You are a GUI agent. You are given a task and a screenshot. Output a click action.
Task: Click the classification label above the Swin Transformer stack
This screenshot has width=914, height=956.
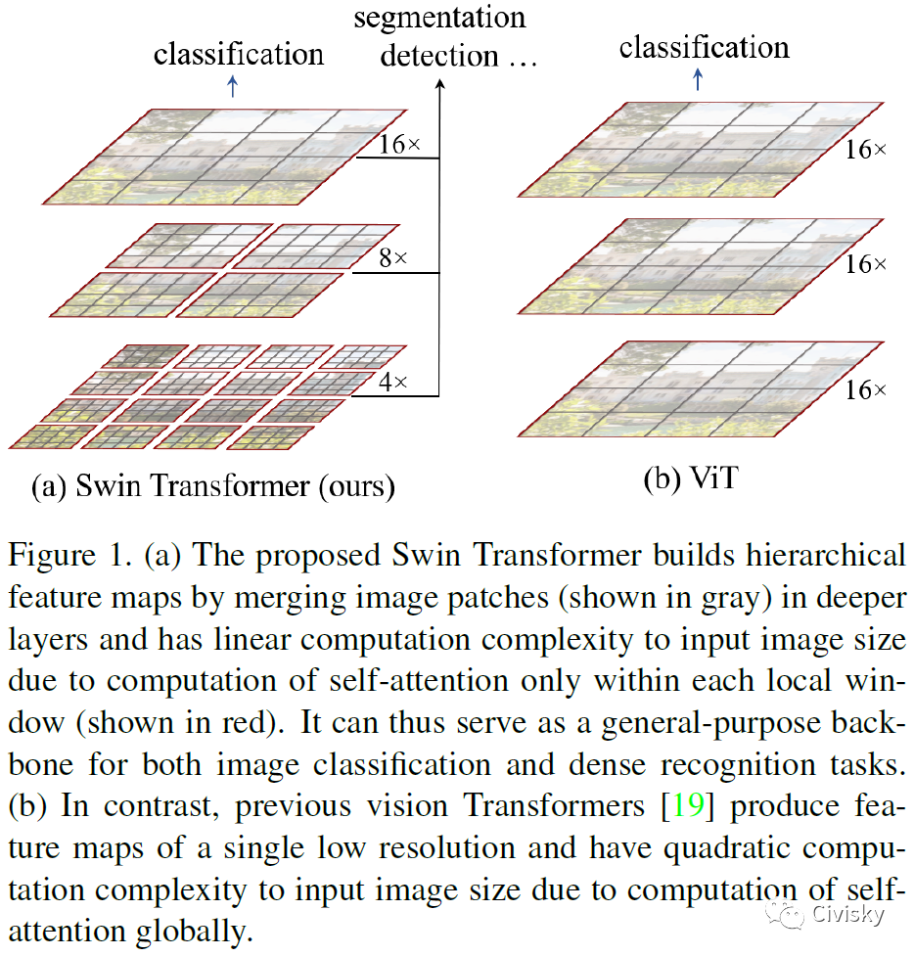tap(238, 53)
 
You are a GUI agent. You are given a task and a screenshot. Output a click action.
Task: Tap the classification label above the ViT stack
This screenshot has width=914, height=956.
tap(704, 46)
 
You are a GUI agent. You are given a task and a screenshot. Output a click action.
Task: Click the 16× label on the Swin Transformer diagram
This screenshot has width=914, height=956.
tap(399, 145)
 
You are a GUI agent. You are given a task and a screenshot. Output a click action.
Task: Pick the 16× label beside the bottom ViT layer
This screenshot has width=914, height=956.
tap(865, 390)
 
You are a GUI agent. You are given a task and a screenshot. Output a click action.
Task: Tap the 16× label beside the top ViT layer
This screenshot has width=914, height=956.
tap(865, 150)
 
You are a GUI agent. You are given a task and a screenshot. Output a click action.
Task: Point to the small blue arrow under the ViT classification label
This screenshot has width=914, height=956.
tap(697, 77)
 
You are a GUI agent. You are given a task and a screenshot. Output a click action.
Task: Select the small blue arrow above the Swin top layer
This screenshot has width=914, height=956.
tap(232, 86)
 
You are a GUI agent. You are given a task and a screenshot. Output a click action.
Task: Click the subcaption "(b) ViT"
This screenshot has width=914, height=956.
tap(691, 479)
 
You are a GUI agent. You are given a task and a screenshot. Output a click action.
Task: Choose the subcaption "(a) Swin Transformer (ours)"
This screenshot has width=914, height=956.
tap(213, 486)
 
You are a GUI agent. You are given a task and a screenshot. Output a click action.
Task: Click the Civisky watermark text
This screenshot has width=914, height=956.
tap(848, 915)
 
